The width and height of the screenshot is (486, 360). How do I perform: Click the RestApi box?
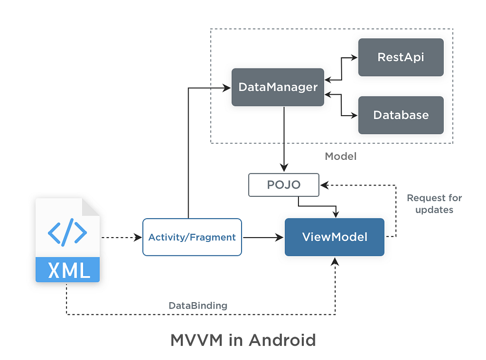point(400,57)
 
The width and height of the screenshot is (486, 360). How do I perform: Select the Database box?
point(400,115)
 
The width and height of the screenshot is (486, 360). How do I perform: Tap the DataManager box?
point(278,87)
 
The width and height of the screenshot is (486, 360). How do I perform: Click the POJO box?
point(284,185)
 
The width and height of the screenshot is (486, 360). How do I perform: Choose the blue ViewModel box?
point(334,237)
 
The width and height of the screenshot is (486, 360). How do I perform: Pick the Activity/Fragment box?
point(192,237)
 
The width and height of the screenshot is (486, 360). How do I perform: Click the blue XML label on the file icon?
point(68,270)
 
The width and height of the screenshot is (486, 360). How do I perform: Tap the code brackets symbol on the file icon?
point(68,231)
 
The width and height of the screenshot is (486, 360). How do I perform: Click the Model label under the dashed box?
point(340,156)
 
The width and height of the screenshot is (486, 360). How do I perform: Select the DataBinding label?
point(198,306)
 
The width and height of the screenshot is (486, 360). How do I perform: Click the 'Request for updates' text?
point(434,204)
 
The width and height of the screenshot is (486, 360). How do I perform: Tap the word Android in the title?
point(282,340)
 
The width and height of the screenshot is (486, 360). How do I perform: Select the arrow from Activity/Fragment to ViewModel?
point(262,238)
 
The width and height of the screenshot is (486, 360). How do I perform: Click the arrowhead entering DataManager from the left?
point(227,88)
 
